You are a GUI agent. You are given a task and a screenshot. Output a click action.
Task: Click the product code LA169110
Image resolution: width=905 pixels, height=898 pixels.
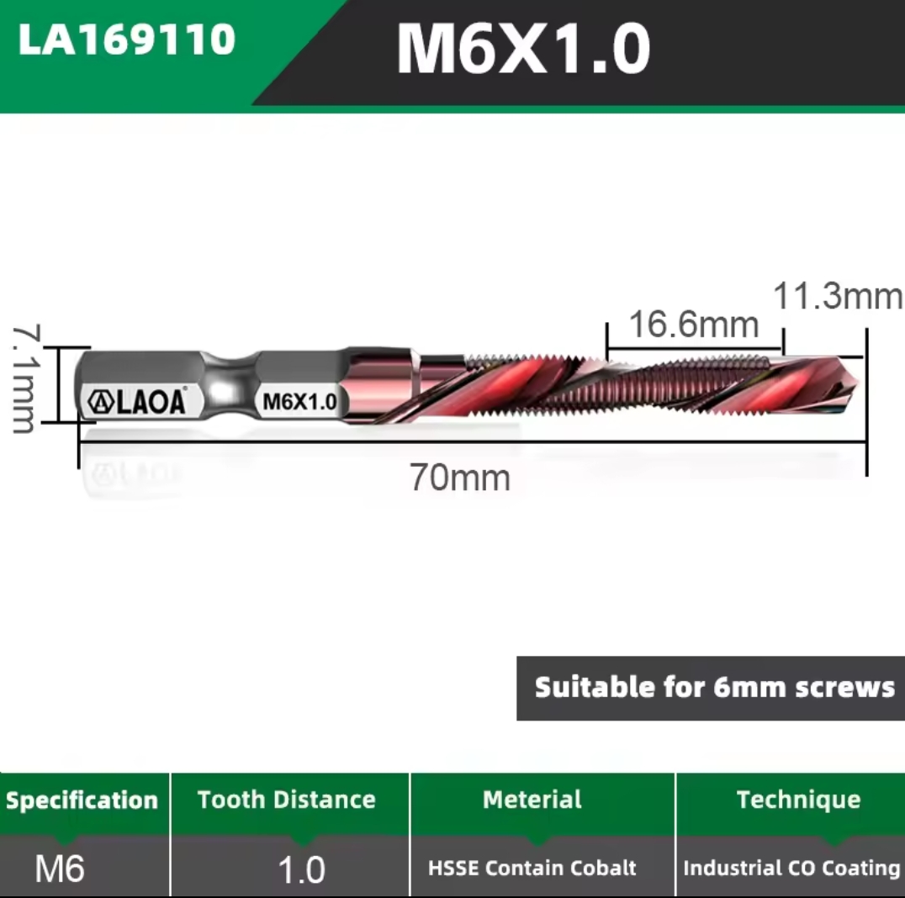coord(126,40)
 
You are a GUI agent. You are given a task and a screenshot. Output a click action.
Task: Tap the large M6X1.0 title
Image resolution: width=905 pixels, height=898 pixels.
coord(523,48)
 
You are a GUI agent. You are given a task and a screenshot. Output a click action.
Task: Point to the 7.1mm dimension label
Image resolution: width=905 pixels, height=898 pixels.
coord(25,378)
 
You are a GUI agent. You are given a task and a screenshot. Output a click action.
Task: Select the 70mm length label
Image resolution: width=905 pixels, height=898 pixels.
coord(460,478)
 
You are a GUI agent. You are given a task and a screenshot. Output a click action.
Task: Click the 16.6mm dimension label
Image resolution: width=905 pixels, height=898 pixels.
coord(693,324)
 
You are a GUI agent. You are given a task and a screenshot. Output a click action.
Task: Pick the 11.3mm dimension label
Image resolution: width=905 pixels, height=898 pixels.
coord(838,295)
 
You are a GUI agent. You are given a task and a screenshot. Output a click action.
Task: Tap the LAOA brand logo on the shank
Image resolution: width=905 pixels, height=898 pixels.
coord(137,401)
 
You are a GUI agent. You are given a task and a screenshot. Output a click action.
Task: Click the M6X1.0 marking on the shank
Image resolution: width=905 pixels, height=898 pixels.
coord(299,402)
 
